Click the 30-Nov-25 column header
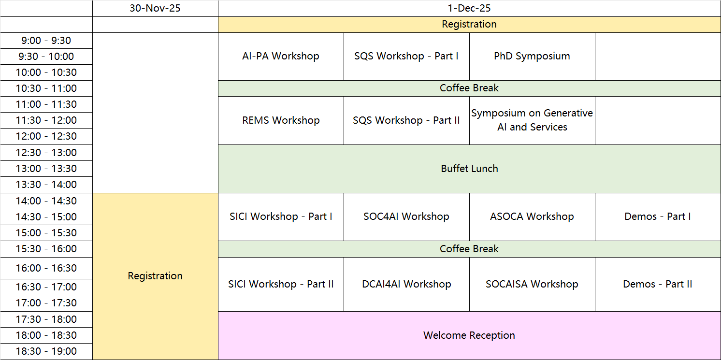pos(155,8)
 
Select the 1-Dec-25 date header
pos(469,8)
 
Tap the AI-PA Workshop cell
pos(281,57)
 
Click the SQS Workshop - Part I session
pos(406,57)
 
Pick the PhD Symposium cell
pos(532,57)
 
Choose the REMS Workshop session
pos(281,120)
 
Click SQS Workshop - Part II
pos(406,120)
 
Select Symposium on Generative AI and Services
pos(532,120)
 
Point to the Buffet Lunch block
pos(469,169)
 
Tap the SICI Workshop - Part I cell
pos(281,216)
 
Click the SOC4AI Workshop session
pos(406,216)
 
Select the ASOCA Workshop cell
pos(532,216)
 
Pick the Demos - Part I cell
pos(658,216)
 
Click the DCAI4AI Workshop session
pos(406,284)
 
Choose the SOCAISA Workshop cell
pos(532,284)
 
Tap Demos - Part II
pos(658,284)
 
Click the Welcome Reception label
pos(469,335)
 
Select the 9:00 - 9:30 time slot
pos(46,41)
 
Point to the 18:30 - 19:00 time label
pos(46,351)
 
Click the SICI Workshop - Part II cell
pos(281,284)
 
